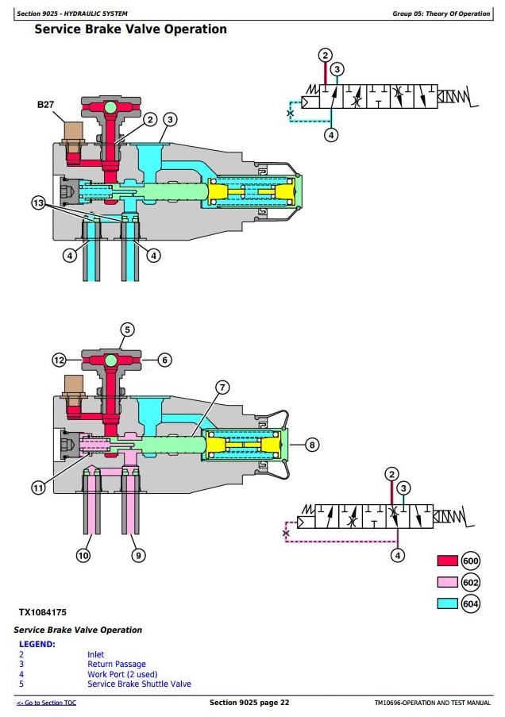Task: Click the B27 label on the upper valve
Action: [45, 105]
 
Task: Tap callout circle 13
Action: [38, 202]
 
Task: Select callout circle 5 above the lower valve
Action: [127, 330]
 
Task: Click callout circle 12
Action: [60, 360]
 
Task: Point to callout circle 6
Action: [165, 360]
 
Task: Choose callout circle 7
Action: [222, 387]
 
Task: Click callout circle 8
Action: [312, 445]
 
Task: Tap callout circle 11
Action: [38, 488]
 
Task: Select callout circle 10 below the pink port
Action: [83, 556]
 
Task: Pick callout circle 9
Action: [138, 556]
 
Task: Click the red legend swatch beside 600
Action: [447, 561]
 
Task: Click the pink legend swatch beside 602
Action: [447, 582]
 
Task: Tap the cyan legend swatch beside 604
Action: [447, 603]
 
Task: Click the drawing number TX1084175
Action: [43, 612]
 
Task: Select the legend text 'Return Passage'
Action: [117, 664]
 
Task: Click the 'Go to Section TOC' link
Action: [47, 703]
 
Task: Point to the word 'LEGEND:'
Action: [37, 644]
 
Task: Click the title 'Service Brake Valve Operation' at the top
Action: [131, 29]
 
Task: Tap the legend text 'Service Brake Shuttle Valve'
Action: [139, 684]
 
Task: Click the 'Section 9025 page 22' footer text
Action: [249, 703]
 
